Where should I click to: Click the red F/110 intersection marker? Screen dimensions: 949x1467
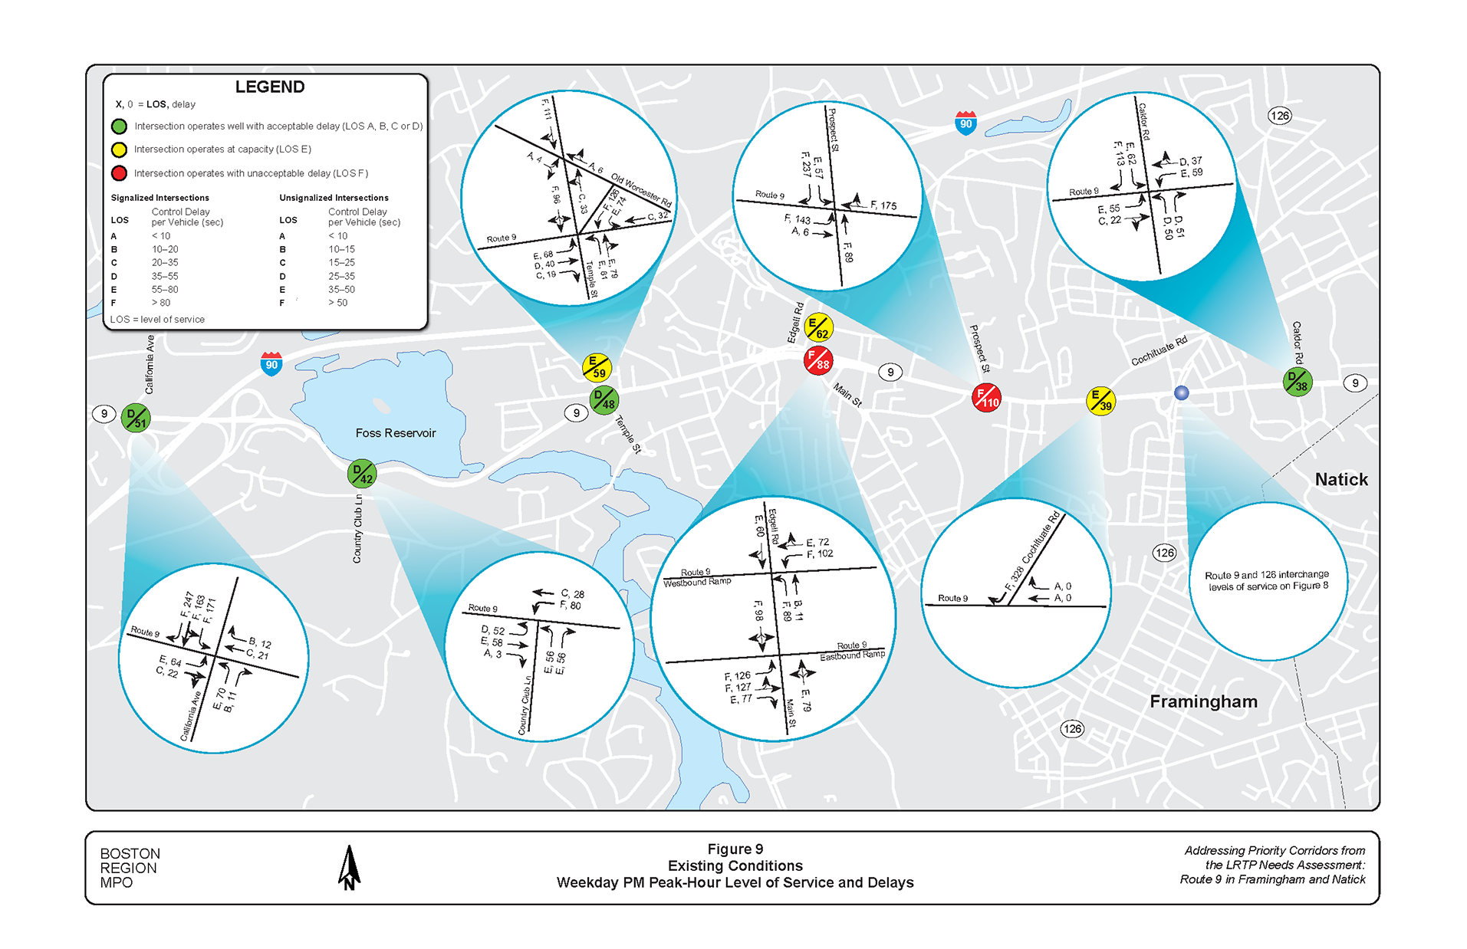point(986,398)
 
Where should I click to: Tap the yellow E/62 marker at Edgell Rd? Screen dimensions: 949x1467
point(818,328)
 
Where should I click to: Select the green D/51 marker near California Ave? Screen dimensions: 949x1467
point(136,418)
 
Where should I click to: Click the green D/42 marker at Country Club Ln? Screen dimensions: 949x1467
point(362,474)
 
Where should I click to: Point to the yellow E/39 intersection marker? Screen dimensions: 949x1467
point(1100,400)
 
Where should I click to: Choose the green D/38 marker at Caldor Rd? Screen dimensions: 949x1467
point(1298,381)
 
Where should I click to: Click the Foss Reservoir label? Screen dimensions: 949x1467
point(395,433)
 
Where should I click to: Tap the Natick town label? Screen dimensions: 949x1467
point(1341,480)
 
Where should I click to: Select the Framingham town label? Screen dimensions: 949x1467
point(1203,701)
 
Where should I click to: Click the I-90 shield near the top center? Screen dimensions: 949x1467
point(965,123)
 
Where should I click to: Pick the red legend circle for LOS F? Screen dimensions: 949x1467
point(119,173)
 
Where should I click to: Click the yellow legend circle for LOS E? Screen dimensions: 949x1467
point(119,149)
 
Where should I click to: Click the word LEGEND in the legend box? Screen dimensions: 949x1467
point(270,87)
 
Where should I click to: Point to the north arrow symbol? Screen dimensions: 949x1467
point(349,868)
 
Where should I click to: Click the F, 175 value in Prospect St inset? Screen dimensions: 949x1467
point(883,205)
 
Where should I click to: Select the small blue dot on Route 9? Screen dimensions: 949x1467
point(1181,392)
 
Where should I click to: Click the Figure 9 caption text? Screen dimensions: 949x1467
point(735,849)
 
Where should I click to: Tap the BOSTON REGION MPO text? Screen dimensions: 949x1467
point(130,868)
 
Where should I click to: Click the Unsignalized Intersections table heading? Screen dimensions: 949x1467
point(334,198)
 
